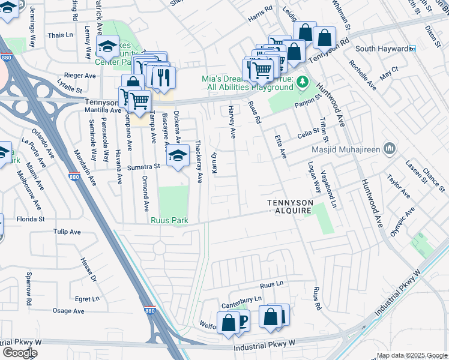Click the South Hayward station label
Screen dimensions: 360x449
point(381,49)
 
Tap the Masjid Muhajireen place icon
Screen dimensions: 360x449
point(390,148)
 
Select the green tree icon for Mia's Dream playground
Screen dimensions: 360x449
point(303,81)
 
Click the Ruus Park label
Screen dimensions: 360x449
point(169,221)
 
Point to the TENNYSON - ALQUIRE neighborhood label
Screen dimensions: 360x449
point(290,207)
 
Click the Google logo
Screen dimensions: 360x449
point(20,352)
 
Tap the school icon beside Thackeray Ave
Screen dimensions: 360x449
point(177,156)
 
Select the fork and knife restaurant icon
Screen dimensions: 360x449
point(162,76)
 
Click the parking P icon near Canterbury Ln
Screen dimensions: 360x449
point(243,322)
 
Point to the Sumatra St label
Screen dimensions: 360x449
point(147,166)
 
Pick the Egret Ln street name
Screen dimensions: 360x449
point(87,299)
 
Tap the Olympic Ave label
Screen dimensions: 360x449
point(402,221)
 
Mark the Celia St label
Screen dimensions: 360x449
point(307,134)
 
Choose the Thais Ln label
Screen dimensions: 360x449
point(60,35)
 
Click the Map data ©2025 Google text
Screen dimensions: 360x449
point(411,355)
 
